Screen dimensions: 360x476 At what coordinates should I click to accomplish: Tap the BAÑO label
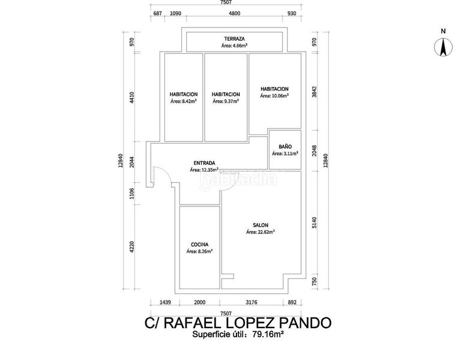tap(285, 146)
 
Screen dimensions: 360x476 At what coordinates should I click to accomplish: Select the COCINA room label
tap(199, 244)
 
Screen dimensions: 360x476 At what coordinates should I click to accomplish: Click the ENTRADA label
tap(204, 163)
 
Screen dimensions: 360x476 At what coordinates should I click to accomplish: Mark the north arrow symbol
tap(443, 46)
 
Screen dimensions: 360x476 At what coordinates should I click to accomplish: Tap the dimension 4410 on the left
tap(131, 98)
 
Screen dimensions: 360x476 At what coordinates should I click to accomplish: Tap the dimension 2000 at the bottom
tap(200, 302)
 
